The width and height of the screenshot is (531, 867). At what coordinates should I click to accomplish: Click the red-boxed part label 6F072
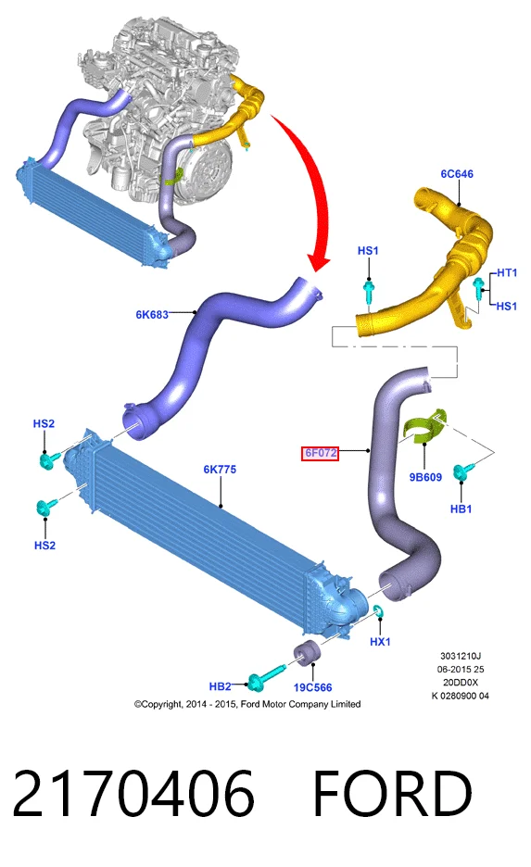coord(321,453)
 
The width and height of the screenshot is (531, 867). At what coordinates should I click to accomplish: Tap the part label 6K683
coord(152,315)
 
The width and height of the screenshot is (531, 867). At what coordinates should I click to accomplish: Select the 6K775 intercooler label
coord(220,470)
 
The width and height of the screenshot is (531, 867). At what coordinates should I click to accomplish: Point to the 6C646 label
coord(457,173)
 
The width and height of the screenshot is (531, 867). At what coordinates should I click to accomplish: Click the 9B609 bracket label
coord(425,477)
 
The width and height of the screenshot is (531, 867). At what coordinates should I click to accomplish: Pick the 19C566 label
coord(312,687)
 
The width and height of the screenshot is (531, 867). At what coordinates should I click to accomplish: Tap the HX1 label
coord(380,641)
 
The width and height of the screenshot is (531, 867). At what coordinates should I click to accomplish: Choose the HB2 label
coord(220,686)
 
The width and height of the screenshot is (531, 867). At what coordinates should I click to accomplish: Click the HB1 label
coord(461,509)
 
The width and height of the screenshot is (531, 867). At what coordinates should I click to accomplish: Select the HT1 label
coord(507,272)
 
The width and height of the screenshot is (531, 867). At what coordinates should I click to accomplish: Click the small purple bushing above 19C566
coord(304,653)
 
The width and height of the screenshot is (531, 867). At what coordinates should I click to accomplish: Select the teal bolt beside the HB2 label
coord(264,679)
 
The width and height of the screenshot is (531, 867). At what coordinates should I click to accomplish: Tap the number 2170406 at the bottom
coord(133,793)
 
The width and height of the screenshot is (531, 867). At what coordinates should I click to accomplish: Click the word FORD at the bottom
coord(393,793)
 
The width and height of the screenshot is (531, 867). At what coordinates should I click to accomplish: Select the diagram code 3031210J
coord(461,657)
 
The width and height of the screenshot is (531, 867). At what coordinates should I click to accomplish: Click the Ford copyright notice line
coord(247,704)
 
